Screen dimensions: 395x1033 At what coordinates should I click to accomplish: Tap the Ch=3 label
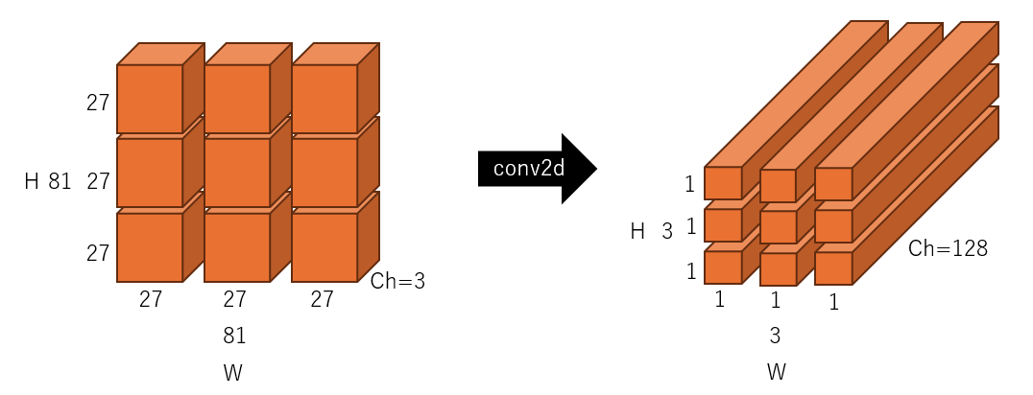pos(397,282)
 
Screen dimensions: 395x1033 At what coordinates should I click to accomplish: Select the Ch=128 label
pos(948,249)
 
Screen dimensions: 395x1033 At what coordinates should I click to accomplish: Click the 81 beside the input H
pos(60,181)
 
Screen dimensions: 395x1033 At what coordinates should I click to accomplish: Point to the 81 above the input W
pos(234,336)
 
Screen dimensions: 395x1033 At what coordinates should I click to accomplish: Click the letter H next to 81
pos(32,181)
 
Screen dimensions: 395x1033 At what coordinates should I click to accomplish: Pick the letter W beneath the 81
pos(233,373)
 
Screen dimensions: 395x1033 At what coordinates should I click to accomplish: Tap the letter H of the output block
pos(637,231)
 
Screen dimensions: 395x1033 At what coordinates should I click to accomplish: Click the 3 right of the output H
pos(666,231)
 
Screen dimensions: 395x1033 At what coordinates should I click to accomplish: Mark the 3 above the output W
pos(775,336)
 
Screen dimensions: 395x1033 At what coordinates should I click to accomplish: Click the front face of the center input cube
pos(237,173)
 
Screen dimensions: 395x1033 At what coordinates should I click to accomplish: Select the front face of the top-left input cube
pos(150,99)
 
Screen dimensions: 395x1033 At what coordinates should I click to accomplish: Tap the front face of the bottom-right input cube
pos(324,246)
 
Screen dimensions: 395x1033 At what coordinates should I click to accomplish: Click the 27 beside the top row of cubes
pos(98,103)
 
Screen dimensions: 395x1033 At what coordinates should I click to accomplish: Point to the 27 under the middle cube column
pos(235,299)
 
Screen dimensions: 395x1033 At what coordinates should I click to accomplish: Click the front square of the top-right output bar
pos(833,184)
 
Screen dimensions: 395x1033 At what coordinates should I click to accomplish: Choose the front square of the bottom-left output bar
pos(723,267)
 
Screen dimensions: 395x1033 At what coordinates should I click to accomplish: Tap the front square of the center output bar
pos(779,227)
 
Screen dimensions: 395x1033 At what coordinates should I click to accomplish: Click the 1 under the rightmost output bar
pos(834,303)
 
